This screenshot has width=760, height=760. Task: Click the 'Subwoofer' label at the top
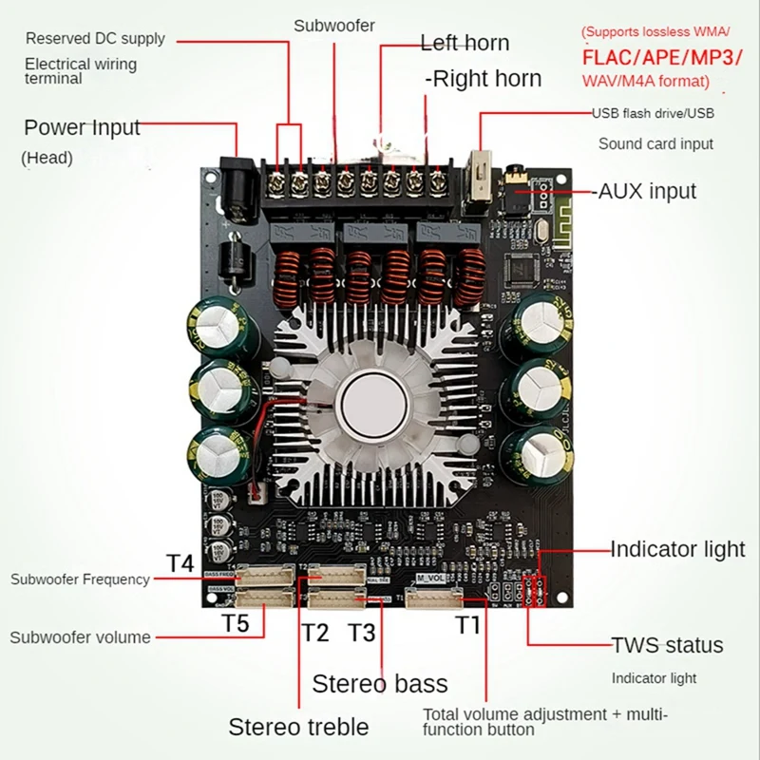[x=334, y=26]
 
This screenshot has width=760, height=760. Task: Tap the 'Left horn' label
[x=465, y=43]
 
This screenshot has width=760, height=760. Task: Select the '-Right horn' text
[x=483, y=78]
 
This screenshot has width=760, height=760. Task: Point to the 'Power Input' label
[x=82, y=127]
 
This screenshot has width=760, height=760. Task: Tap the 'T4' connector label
[x=180, y=561]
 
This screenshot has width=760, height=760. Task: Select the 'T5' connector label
[x=235, y=624]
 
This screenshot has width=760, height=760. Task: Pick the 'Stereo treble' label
[x=298, y=727]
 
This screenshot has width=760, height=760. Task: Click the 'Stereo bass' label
[x=380, y=683]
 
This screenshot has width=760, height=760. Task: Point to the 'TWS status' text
[x=666, y=645]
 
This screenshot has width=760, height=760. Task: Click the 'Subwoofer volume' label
[x=80, y=637]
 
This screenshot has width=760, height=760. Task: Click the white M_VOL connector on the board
[x=433, y=597]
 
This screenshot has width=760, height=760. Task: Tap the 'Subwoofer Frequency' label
[x=80, y=579]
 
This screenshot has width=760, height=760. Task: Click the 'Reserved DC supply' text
[x=95, y=39]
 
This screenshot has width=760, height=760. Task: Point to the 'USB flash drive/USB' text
[x=654, y=114]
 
